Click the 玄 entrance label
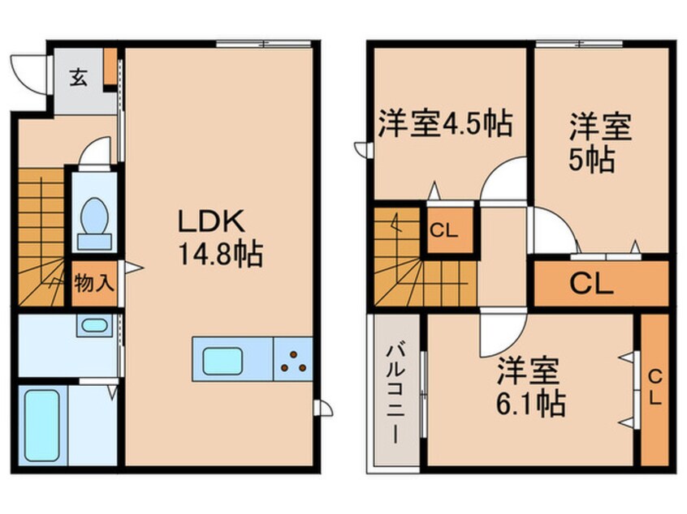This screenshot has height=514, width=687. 78,78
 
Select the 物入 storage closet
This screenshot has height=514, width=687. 94,284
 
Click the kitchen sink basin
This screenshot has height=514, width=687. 223,360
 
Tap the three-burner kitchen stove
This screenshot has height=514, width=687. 294,360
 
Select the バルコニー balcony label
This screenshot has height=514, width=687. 394,391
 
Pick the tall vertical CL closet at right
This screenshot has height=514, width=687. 655,389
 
